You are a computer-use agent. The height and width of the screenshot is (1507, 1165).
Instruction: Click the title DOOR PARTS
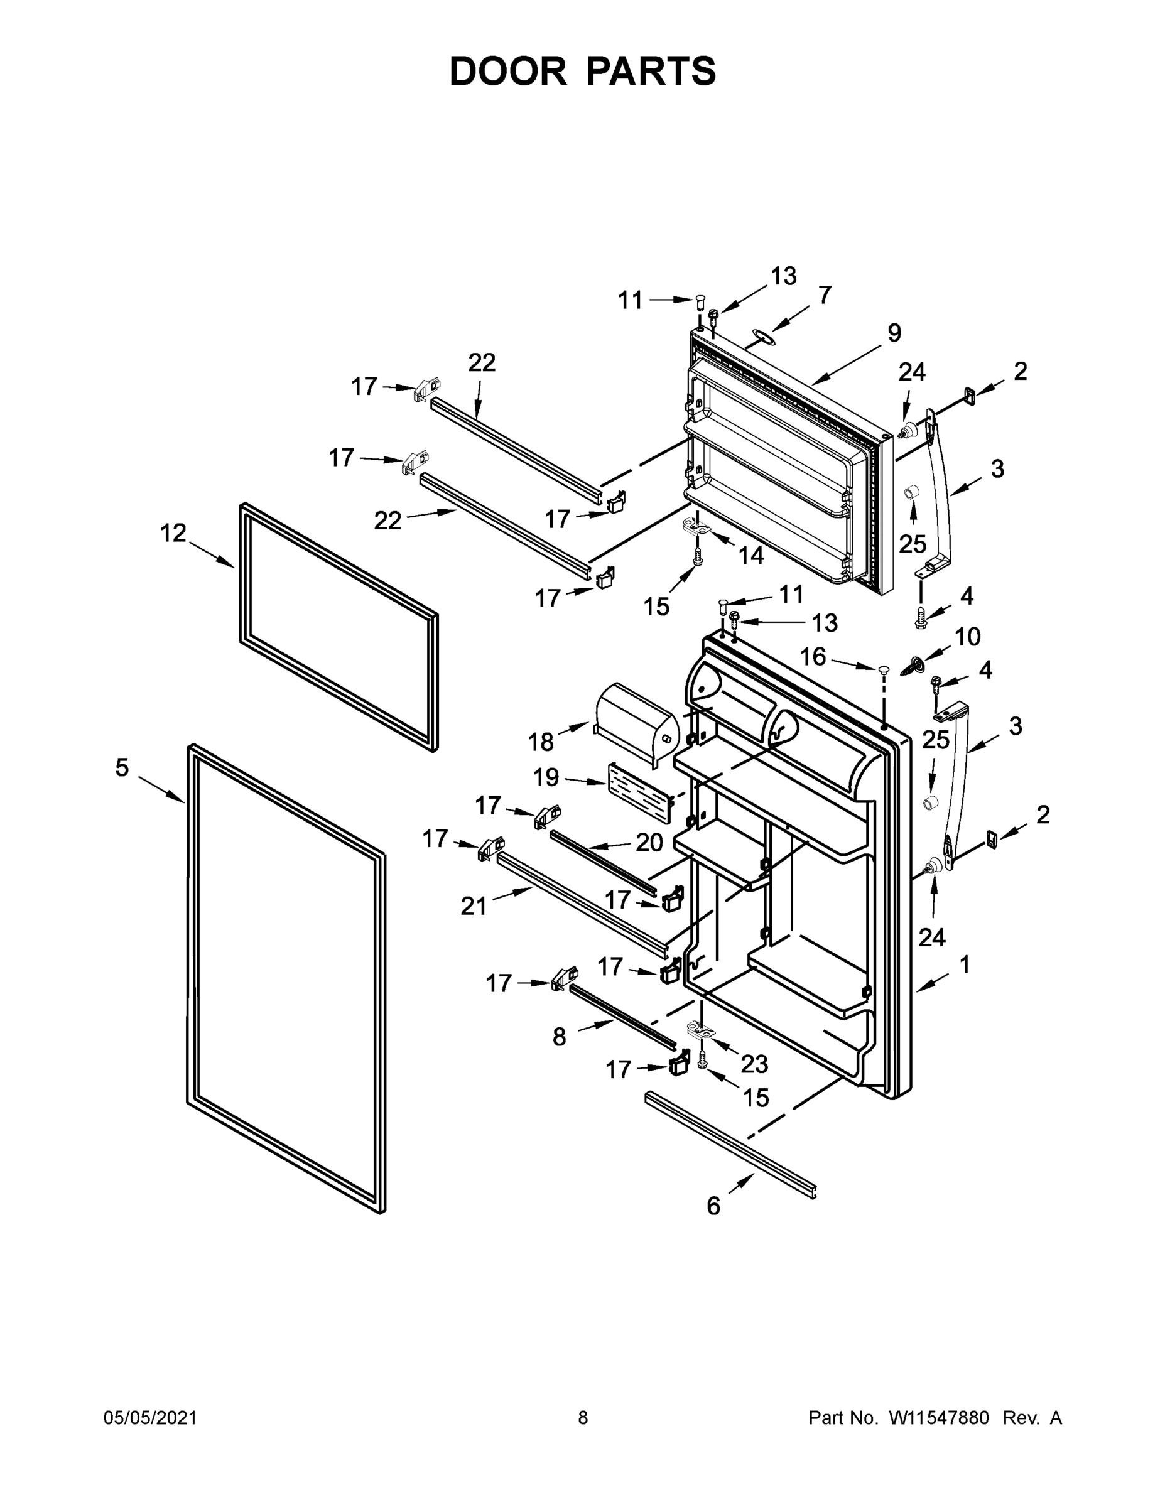(583, 71)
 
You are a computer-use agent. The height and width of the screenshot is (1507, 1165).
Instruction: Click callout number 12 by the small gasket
(173, 532)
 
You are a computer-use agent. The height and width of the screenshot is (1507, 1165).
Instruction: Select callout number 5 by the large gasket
(122, 767)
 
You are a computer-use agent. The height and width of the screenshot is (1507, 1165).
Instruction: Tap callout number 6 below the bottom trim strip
(713, 1206)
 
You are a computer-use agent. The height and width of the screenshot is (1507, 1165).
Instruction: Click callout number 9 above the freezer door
(894, 333)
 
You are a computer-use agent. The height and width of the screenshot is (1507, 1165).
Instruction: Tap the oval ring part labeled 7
(761, 335)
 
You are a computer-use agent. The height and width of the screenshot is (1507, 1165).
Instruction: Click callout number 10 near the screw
(968, 636)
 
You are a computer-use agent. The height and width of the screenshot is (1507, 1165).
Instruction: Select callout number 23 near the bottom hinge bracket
(754, 1064)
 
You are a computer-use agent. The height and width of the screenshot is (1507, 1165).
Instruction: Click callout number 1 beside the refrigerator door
(965, 964)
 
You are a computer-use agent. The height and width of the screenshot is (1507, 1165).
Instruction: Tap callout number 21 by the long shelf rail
(474, 906)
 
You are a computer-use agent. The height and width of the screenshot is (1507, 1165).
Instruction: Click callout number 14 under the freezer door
(752, 555)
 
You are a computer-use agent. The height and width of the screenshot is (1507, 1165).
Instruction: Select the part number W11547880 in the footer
(939, 1417)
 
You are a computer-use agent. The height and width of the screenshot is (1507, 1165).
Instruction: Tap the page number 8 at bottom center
(583, 1417)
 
